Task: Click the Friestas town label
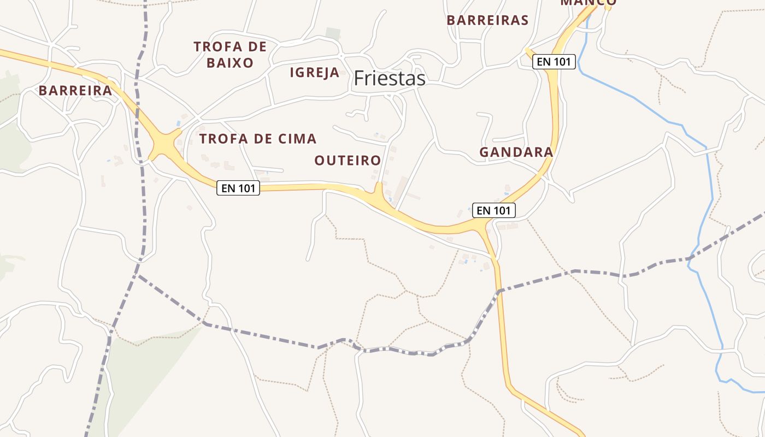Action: tap(389, 79)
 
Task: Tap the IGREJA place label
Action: tap(314, 72)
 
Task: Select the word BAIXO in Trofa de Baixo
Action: tap(230, 63)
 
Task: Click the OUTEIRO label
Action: tap(348, 160)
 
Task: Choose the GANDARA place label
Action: tap(516, 152)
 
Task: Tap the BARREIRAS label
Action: tap(487, 20)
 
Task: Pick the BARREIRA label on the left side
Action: tap(75, 91)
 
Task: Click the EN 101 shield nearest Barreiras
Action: tap(554, 62)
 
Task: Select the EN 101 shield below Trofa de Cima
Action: tap(238, 188)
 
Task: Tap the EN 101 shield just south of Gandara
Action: tap(493, 210)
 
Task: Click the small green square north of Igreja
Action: tap(333, 33)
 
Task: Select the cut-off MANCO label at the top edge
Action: tap(588, 3)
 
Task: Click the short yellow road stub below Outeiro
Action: tap(378, 191)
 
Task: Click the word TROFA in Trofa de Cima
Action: tap(219, 139)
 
